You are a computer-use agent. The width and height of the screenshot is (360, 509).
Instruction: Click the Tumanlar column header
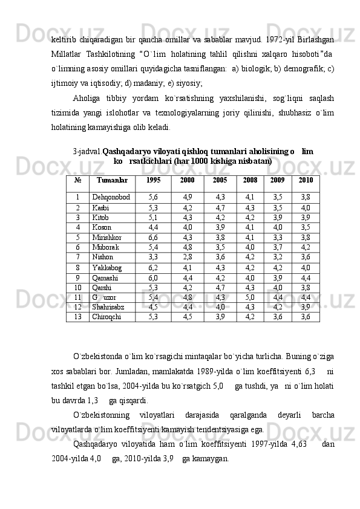point(112,180)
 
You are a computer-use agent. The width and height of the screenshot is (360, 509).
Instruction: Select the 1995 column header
point(154,180)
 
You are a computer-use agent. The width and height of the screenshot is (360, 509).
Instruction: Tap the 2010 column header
point(306,180)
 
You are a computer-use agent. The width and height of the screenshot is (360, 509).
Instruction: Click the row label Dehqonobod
point(111,197)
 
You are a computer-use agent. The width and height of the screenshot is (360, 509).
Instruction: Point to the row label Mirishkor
point(106,238)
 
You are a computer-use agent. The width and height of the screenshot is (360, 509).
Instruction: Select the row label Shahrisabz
point(109,306)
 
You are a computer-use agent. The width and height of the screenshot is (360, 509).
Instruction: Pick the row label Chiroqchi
point(106,316)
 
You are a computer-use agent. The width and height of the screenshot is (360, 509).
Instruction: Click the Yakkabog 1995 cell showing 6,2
point(153,267)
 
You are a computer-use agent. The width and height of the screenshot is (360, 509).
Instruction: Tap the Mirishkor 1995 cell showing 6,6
point(153,238)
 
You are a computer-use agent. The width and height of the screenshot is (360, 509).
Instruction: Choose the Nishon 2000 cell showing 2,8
point(188,256)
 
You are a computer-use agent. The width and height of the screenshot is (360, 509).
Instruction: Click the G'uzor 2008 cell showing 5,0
point(250,297)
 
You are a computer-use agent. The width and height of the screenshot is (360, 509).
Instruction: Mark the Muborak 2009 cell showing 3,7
point(278,247)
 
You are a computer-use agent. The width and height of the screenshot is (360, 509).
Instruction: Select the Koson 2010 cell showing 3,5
point(306,227)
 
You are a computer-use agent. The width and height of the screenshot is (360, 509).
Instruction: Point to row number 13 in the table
point(77,316)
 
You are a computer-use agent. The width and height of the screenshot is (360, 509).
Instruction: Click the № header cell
point(77,180)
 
